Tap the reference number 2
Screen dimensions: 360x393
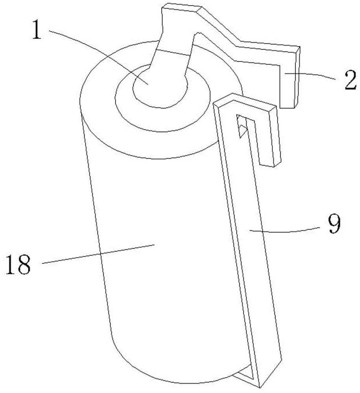[x=347, y=81]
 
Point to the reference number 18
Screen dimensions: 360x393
[x=18, y=265]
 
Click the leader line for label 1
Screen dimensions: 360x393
[x=98, y=55]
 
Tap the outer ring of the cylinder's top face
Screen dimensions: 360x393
[x=102, y=118]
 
